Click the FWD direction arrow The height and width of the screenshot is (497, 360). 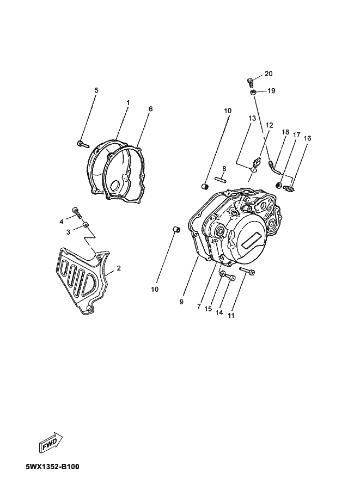[51, 441]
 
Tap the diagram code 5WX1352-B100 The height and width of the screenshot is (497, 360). [53, 467]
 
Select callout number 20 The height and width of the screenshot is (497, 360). [269, 74]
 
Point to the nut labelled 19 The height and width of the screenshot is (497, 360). [253, 92]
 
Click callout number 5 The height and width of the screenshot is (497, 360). [97, 90]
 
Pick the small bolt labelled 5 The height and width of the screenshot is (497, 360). [83, 144]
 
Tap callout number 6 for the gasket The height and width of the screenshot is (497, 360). [150, 109]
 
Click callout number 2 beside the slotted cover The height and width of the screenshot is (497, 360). [119, 268]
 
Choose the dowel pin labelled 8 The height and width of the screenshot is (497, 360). [224, 179]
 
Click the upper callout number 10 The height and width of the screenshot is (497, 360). [228, 111]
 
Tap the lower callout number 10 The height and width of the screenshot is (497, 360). [155, 290]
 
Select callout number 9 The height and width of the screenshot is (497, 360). [181, 302]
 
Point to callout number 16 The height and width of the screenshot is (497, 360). [307, 138]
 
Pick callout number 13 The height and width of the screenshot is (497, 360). [252, 119]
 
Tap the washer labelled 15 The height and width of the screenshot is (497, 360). [223, 273]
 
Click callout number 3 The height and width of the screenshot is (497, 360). [68, 232]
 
